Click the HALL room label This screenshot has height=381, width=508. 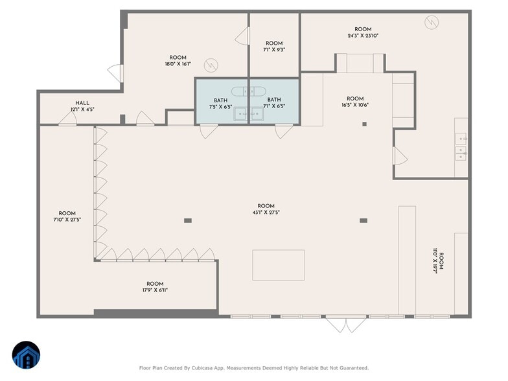tap(82, 103)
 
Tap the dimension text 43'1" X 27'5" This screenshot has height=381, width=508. tap(266, 213)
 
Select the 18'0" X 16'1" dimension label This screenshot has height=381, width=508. tap(178, 64)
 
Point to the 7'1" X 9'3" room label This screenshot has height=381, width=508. tap(274, 50)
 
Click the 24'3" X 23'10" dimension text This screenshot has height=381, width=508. tap(363, 36)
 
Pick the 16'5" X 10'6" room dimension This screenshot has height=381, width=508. tap(355, 105)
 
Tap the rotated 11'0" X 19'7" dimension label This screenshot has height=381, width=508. tap(435, 261)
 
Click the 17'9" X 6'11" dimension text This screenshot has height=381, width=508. tap(155, 290)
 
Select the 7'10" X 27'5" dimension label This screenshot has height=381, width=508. tap(67, 220)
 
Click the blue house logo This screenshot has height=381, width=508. tap(26, 355)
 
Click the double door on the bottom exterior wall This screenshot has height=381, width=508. tap(346, 324)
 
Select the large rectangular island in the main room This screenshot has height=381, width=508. tap(279, 265)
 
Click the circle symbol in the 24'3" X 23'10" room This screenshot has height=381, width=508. tap(432, 22)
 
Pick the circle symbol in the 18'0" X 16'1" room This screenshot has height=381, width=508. tap(211, 65)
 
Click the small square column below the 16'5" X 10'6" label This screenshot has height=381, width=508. tap(364, 124)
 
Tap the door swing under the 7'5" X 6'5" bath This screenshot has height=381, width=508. tap(209, 131)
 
